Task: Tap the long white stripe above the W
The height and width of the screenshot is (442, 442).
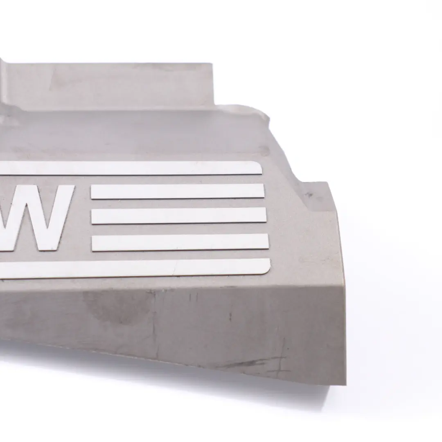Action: click(131, 168)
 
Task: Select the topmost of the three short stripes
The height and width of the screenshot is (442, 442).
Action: click(178, 191)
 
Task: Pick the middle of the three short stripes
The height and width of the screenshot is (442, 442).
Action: click(179, 216)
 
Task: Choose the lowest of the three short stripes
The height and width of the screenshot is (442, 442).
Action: click(180, 242)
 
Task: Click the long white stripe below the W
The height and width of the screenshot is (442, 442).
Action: click(135, 268)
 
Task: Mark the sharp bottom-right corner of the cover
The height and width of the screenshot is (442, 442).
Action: click(345, 384)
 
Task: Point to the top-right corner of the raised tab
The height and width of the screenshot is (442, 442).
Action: click(211, 64)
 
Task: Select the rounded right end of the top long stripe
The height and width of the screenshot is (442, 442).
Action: click(259, 168)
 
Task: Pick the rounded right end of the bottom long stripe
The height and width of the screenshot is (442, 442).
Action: click(267, 266)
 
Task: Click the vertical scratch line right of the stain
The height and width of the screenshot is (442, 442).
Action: click(155, 323)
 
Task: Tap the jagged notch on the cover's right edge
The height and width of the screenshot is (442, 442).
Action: click(268, 119)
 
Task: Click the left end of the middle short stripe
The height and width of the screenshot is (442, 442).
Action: click(93, 216)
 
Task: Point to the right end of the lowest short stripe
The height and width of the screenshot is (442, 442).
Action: click(267, 241)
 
